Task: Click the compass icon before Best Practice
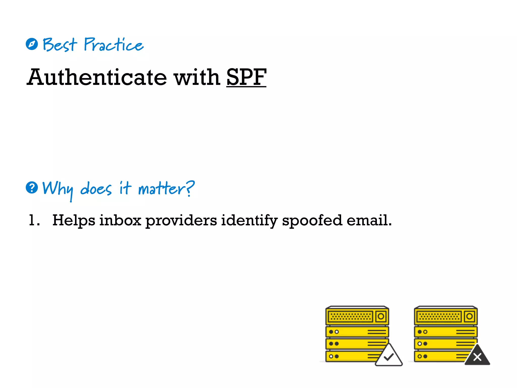[32, 44]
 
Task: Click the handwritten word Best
[60, 45]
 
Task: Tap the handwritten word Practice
[113, 45]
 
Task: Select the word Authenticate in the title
[97, 77]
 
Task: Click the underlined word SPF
[246, 77]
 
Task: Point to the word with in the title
[197, 77]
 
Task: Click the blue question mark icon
[32, 188]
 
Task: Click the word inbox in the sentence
[120, 220]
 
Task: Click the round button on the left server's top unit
[381, 316]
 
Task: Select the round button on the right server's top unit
[470, 316]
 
